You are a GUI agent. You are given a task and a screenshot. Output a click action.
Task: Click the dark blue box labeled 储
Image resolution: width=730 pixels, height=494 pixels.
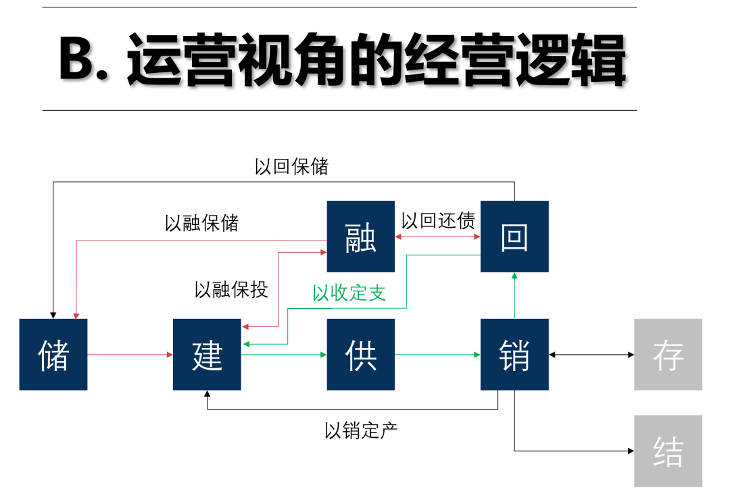(x=53, y=354)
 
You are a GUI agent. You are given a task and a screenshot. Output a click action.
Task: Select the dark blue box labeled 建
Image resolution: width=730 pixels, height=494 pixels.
(x=207, y=354)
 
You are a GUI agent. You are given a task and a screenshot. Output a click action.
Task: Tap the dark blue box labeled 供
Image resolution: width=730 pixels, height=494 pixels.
(x=360, y=354)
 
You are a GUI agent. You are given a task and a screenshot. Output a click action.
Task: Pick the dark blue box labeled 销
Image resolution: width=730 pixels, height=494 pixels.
(x=514, y=354)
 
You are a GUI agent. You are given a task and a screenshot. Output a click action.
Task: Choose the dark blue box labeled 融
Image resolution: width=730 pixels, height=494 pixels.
(x=360, y=237)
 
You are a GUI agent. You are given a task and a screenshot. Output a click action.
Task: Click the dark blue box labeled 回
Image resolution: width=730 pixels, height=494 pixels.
(x=514, y=237)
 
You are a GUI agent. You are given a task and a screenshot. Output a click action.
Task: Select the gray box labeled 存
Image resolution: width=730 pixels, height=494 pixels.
(x=668, y=354)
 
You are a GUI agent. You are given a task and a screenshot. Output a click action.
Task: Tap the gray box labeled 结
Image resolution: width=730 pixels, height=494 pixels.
(x=668, y=451)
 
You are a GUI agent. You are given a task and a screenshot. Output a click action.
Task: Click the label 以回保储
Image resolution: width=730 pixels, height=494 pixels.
(x=291, y=166)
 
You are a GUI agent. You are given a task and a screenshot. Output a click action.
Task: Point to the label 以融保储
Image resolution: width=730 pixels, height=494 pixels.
(x=201, y=223)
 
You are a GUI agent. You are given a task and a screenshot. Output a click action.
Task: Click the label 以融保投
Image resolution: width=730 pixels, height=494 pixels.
(x=231, y=289)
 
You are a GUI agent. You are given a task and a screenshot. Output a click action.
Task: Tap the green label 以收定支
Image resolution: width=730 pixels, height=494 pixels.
(x=349, y=293)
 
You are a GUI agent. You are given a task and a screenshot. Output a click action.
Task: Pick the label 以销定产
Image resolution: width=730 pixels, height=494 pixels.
(x=361, y=430)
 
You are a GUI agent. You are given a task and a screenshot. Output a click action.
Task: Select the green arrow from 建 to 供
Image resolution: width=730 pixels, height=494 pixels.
(x=284, y=354)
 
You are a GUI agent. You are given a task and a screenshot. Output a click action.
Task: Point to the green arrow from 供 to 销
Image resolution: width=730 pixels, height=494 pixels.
(x=437, y=354)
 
